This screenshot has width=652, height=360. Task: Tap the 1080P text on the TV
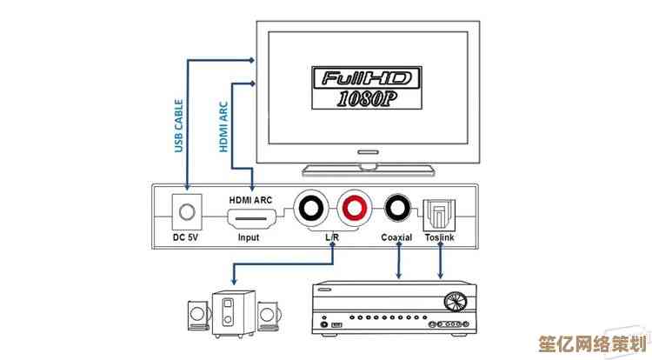coord(368,99)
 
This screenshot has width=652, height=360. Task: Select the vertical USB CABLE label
coord(179,125)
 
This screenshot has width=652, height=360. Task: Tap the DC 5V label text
coord(186,237)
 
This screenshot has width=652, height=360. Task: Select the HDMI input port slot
coord(251,217)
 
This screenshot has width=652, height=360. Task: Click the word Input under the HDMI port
coord(249,237)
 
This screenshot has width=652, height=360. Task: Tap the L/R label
coord(332,237)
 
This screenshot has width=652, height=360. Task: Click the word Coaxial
coord(398,237)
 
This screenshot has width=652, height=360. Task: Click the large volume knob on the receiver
coord(452,303)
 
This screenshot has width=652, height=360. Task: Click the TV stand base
coord(369,167)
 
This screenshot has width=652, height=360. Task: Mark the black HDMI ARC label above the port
coord(250,200)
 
